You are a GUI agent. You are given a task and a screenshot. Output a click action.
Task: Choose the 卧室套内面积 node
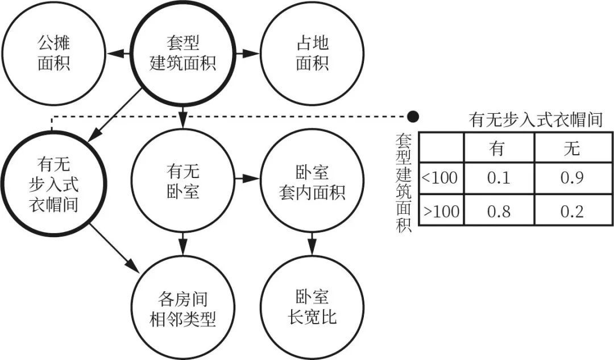click(312, 181)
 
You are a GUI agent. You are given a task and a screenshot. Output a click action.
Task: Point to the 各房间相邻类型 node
click(182, 309)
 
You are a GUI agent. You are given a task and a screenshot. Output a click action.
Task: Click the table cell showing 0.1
click(499, 177)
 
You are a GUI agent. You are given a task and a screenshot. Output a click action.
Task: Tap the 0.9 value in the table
click(572, 177)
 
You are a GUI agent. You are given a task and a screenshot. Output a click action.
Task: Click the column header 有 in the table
click(499, 148)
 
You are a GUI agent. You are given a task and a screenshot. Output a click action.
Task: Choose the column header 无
click(572, 148)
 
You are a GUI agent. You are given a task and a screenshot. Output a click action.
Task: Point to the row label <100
click(441, 177)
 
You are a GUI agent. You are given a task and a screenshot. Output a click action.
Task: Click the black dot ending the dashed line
click(413, 117)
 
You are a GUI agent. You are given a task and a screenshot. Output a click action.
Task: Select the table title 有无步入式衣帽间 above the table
click(536, 119)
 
